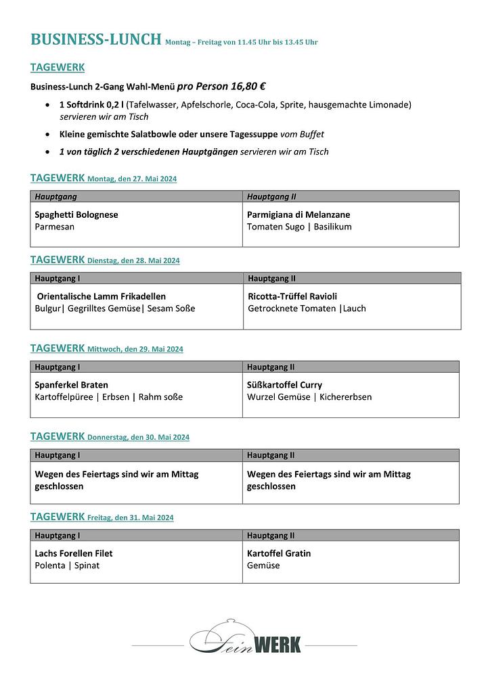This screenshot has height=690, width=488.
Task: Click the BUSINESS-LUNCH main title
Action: (x=95, y=39)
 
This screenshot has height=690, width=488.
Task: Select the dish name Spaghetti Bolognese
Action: (x=76, y=214)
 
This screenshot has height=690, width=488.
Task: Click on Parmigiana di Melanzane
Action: (x=298, y=214)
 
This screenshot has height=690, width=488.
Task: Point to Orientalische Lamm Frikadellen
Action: (x=102, y=296)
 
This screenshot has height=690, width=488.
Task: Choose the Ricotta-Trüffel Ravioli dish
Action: (x=292, y=296)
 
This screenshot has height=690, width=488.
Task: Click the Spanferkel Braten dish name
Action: (x=71, y=385)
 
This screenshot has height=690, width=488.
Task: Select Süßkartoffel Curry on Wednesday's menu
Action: (x=284, y=385)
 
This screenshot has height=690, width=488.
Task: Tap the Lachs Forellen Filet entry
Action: (x=74, y=553)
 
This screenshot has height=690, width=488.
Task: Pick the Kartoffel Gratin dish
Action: (x=279, y=553)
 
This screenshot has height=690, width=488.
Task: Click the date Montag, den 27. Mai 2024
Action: (x=132, y=179)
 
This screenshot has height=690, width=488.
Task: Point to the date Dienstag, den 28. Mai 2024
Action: (x=133, y=260)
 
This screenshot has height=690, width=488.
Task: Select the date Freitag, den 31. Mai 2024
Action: (x=130, y=517)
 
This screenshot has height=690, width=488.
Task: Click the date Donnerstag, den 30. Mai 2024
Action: (x=138, y=438)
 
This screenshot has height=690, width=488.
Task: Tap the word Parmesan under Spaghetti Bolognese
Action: (x=54, y=227)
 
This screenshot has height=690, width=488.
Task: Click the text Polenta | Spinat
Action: (x=67, y=566)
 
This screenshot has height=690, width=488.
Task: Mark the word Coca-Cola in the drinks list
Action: (x=289, y=105)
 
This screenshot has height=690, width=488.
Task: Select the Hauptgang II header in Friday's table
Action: (x=271, y=535)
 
